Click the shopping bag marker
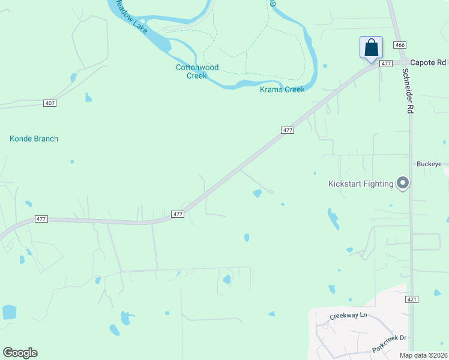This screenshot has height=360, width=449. pos(371,47)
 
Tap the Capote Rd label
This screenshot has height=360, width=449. pos(429,62)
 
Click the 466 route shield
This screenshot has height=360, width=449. pos(399,46)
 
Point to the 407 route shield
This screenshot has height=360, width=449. pos(50,103)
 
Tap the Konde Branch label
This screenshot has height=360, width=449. pos(34,139)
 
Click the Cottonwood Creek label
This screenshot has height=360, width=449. pos(197,71)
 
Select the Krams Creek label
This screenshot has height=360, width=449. pos(282,89)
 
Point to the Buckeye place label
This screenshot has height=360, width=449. pos(429,164)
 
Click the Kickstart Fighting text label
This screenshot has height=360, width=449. pos(361,184)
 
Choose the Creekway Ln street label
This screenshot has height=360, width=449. pos(348,316)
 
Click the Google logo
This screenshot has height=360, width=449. pos(20,353)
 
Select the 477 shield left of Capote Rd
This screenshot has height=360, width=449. pos(385,63)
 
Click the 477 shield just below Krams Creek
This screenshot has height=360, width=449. pos(287,130)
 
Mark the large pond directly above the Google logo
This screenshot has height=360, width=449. pos(10,312)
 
